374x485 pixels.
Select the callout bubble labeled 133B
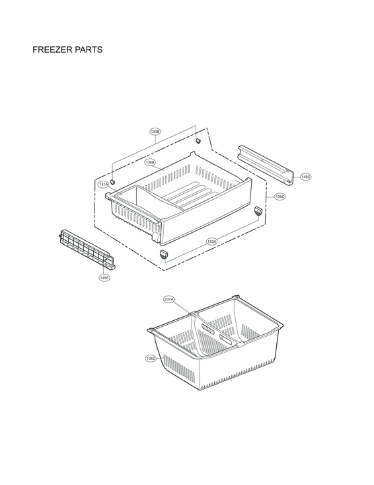point(155,132)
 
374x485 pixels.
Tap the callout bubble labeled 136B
point(150,162)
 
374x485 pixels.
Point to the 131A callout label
point(104,185)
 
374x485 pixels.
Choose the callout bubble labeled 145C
point(305,177)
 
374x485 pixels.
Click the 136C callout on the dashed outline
point(280,197)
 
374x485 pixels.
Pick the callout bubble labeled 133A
point(211,241)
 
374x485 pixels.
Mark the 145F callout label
point(104,278)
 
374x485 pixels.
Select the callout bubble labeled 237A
point(169,300)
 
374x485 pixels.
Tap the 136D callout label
point(151,358)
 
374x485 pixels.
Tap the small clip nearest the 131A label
point(112,181)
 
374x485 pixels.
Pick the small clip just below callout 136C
point(258,210)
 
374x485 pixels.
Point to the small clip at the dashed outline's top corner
point(198,141)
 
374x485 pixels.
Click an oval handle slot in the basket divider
point(207,329)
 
